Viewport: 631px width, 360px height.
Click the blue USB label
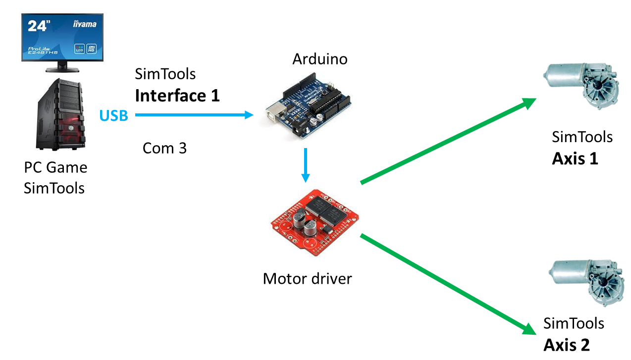(113, 115)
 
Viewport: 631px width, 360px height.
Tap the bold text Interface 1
(177, 95)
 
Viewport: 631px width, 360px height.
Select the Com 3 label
(164, 148)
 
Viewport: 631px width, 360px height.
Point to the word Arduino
(319, 59)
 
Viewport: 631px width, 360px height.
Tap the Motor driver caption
(307, 278)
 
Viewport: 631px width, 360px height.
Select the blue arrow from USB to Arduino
(194, 115)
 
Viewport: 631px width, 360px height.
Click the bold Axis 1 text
(575, 158)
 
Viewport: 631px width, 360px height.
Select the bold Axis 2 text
(567, 345)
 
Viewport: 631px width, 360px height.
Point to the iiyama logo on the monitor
(85, 24)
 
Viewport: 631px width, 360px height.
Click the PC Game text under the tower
(55, 167)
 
